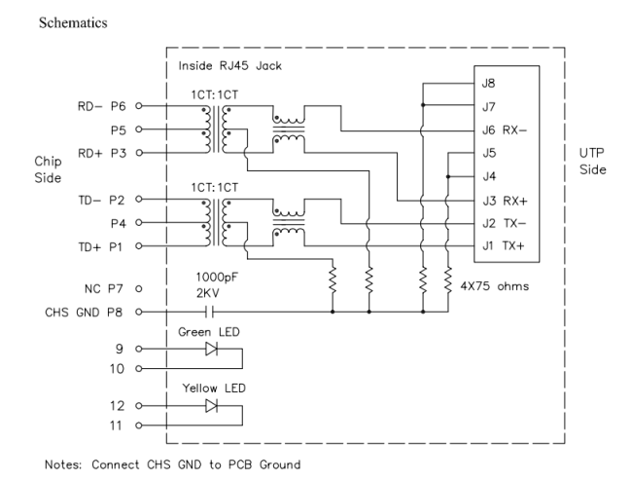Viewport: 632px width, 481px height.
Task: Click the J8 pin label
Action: (x=487, y=84)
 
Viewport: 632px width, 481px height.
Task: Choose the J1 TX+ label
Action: (x=503, y=246)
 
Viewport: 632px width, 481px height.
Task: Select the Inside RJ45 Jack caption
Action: (x=224, y=67)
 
